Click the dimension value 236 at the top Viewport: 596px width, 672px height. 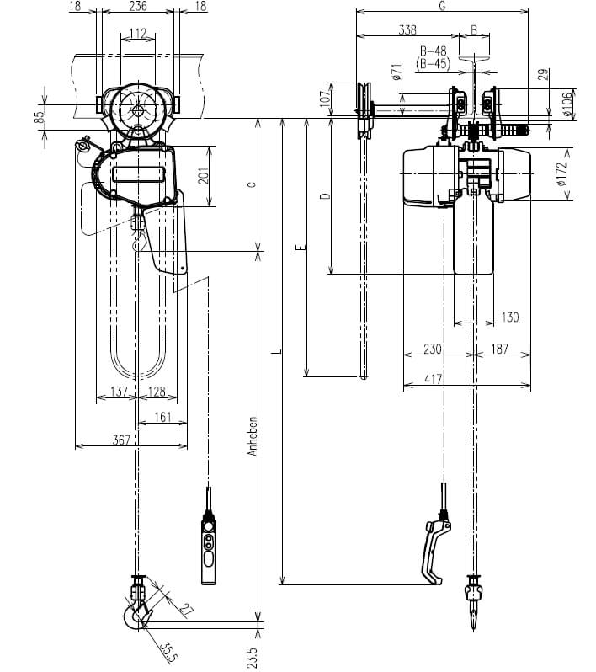point(138,6)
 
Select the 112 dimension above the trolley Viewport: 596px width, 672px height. point(138,35)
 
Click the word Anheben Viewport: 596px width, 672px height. point(253,439)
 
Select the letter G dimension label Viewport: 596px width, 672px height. point(443,6)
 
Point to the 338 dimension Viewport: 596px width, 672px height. point(407,30)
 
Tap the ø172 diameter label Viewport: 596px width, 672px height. point(562,176)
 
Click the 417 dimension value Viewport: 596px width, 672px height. point(434,380)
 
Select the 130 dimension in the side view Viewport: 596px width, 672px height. point(509,317)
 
